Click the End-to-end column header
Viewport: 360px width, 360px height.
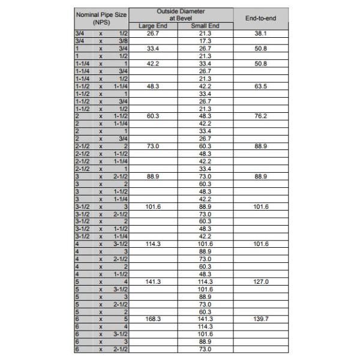[x=260, y=19]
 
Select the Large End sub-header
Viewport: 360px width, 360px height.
[x=153, y=26]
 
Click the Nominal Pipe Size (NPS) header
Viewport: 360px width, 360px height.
[x=101, y=17]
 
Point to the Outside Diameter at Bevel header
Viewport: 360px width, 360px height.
[x=180, y=15]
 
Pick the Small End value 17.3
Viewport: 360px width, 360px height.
[x=205, y=41]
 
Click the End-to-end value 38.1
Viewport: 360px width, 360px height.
[x=260, y=34]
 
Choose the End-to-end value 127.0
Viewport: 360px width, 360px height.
[x=260, y=281]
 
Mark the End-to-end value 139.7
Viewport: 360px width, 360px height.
[x=260, y=319]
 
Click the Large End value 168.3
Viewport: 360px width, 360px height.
[x=153, y=319]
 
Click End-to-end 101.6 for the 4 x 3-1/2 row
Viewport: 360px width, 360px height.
[x=260, y=244]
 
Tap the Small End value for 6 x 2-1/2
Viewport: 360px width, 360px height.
[x=205, y=349]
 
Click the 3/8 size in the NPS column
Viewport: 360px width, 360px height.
[x=122, y=41]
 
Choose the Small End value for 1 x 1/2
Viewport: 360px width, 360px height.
[x=205, y=56]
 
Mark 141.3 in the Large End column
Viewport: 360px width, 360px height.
[x=153, y=281]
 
